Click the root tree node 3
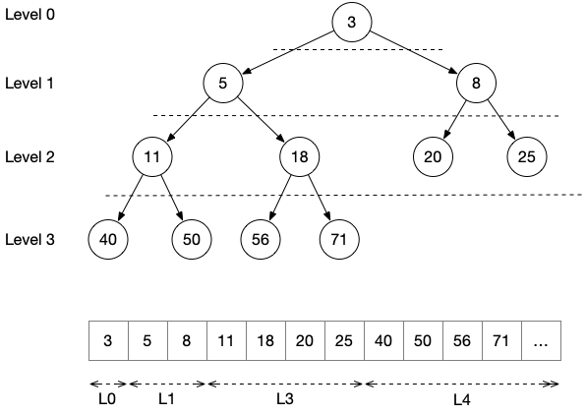[352, 22]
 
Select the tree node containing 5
[223, 83]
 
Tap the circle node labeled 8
[476, 83]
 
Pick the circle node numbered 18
[299, 156]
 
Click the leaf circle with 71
[339, 239]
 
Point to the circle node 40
[108, 239]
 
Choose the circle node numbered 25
[527, 156]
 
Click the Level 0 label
[29, 15]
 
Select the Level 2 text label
[29, 156]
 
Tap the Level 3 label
[29, 239]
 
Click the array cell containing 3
[108, 340]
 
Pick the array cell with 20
[306, 340]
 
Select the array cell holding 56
[463, 340]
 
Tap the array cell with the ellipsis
[541, 340]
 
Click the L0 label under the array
[107, 399]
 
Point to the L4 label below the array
[462, 400]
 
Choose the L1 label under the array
[167, 399]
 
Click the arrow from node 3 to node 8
[414, 52]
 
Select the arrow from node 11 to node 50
[172, 198]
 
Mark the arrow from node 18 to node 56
[280, 198]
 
